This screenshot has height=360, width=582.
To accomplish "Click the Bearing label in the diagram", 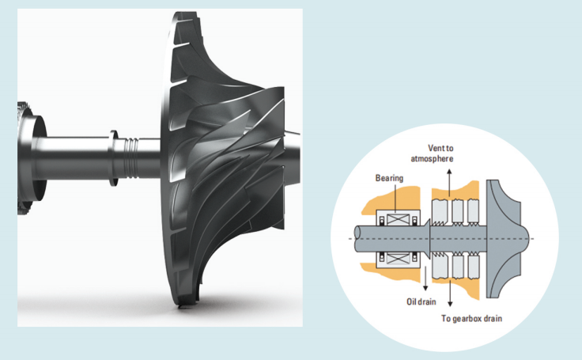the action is point(389,178).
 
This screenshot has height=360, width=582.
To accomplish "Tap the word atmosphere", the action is point(432,159).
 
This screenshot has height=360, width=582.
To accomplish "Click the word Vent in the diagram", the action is point(435,148).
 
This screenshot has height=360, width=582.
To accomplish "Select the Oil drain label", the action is point(421,301).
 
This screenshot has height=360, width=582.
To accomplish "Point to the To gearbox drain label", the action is point(471,318).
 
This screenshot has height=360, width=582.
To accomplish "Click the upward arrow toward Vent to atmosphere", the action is point(449,183).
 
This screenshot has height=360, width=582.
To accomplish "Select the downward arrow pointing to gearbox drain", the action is point(450,293).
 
